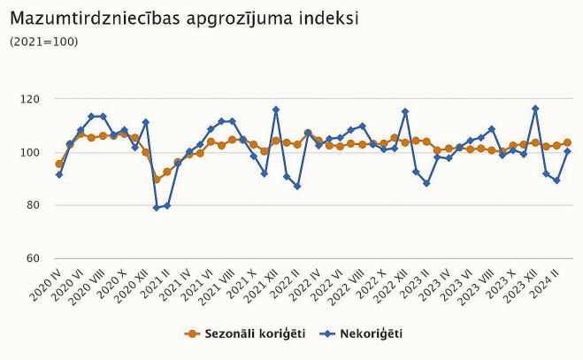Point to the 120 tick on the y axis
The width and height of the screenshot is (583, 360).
pyautogui.click(x=31, y=99)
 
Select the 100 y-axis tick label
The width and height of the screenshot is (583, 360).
pyautogui.click(x=31, y=152)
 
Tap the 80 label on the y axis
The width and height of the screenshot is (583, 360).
pyautogui.click(x=34, y=205)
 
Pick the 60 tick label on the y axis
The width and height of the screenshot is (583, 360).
pyautogui.click(x=34, y=258)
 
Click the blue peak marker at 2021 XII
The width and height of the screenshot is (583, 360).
pyautogui.click(x=276, y=110)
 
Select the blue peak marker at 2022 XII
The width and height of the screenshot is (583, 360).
pyautogui.click(x=405, y=111)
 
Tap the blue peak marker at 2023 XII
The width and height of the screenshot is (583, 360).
pyautogui.click(x=535, y=109)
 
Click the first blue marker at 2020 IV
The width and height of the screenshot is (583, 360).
pyautogui.click(x=59, y=174)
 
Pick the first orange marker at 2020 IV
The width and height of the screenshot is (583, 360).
pyautogui.click(x=59, y=164)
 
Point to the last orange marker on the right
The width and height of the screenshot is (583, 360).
pyautogui.click(x=567, y=142)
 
